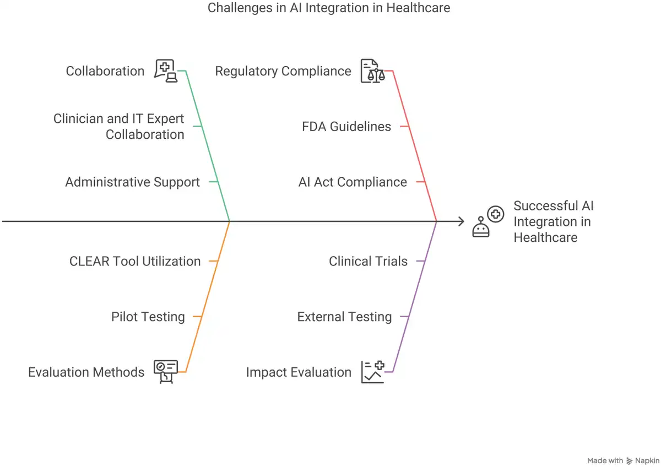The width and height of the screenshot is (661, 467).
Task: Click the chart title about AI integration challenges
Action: [x=329, y=8]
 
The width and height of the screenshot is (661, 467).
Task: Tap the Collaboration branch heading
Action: [x=105, y=71]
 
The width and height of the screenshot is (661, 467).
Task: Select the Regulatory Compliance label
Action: [x=283, y=71]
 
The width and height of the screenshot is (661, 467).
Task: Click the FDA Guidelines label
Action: [x=346, y=127]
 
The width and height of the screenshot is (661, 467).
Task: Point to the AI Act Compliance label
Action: [x=353, y=182]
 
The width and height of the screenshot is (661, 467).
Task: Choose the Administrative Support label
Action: [x=133, y=182]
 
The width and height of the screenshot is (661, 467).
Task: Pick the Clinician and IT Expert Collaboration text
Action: [x=118, y=127]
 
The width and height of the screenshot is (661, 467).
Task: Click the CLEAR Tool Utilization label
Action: [x=135, y=262]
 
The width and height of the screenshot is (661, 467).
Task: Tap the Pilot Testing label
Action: [x=148, y=317]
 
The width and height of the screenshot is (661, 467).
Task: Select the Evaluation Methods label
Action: [x=86, y=372]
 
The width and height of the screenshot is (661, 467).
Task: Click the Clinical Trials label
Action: [x=369, y=262]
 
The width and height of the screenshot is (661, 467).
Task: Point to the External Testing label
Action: [x=344, y=317]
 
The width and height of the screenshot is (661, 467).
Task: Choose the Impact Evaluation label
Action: [x=299, y=372]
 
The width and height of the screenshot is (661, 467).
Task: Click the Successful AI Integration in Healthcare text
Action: [x=553, y=221]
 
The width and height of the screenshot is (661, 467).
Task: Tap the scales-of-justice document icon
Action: [x=373, y=71]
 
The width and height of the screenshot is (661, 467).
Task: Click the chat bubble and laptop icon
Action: [x=166, y=71]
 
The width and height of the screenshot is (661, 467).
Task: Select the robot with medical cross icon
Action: [x=488, y=221]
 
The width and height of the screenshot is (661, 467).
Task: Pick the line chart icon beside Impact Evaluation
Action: [x=373, y=372]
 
